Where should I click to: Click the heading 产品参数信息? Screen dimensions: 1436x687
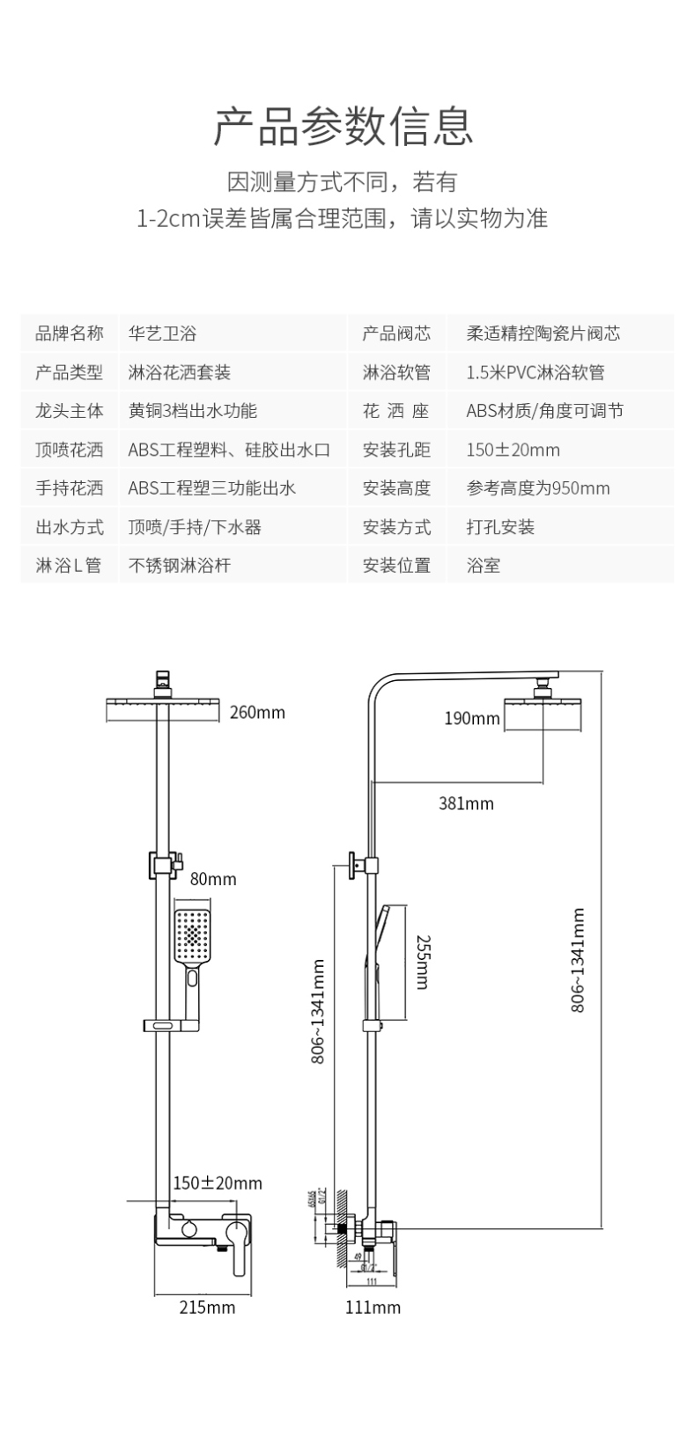click(343, 126)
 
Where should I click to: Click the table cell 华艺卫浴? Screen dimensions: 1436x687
click(162, 333)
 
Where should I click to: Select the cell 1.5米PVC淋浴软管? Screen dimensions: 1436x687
click(536, 372)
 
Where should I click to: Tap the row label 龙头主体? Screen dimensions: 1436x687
click(69, 411)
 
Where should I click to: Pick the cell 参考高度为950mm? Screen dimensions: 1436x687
click(538, 488)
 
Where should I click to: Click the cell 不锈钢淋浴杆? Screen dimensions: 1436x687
click(180, 566)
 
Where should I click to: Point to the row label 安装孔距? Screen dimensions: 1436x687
click(396, 450)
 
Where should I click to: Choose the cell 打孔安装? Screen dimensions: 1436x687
click(500, 527)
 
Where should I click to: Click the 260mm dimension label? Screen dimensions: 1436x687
click(257, 712)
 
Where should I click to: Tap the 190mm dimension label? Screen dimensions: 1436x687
click(471, 719)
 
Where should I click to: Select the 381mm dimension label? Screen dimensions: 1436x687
click(466, 802)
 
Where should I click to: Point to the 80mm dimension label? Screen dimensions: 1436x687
click(213, 879)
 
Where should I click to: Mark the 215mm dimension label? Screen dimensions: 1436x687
click(207, 1307)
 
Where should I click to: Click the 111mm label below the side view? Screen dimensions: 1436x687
click(373, 1307)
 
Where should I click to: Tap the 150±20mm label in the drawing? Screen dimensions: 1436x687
click(217, 1183)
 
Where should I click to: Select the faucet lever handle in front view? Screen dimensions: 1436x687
click(238, 1245)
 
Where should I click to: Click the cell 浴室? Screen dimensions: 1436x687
click(484, 566)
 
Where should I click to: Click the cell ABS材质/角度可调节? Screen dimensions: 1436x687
click(544, 411)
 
